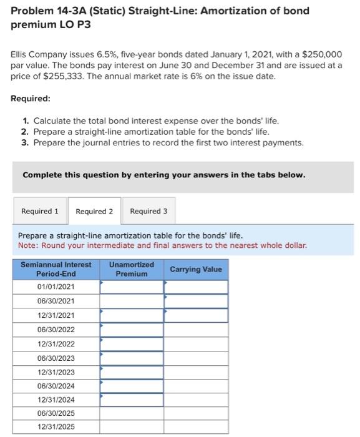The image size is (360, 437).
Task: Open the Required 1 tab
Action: [40, 211]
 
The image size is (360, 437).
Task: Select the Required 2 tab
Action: [94, 211]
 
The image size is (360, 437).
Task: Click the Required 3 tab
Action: [148, 211]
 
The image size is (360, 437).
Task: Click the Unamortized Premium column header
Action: [132, 269]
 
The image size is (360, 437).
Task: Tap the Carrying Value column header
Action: [196, 269]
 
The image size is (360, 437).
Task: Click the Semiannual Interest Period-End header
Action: [56, 269]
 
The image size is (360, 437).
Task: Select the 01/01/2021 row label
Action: [56, 287]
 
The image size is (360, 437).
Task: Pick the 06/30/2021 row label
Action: [56, 301]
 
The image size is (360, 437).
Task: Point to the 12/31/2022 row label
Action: [56, 344]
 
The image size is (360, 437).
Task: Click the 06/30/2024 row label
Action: [56, 386]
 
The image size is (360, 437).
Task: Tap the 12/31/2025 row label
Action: [56, 426]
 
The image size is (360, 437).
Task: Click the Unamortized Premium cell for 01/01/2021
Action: [132, 287]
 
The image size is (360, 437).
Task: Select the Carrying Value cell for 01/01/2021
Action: [196, 287]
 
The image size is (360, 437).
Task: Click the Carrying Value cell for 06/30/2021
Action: [196, 301]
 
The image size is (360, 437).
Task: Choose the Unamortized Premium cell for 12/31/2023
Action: [132, 372]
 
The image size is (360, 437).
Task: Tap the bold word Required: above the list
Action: [31, 99]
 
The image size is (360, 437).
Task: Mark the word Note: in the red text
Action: [29, 245]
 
